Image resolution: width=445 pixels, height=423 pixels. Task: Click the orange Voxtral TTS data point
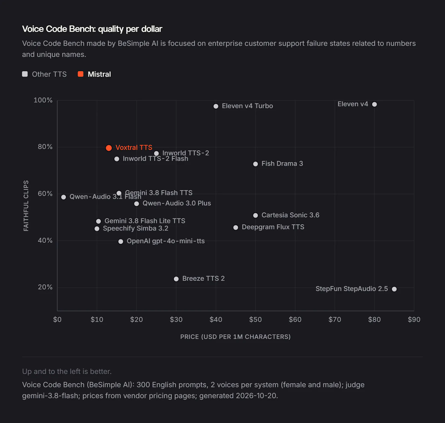pyautogui.click(x=109, y=148)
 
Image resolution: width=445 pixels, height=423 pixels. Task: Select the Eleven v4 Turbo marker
pyautogui.click(x=216, y=106)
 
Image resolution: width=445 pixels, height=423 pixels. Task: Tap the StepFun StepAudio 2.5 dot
pyautogui.click(x=394, y=289)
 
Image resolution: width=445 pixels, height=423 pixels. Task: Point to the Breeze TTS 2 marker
pyautogui.click(x=176, y=279)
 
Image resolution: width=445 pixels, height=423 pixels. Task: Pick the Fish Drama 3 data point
pyautogui.click(x=255, y=164)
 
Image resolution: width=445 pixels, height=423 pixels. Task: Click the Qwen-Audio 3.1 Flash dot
pyautogui.click(x=63, y=197)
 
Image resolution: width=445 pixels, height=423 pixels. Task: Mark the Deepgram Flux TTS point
pyautogui.click(x=236, y=227)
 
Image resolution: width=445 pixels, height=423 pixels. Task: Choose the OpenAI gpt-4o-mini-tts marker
pyautogui.click(x=121, y=241)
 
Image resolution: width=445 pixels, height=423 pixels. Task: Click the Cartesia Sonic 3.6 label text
pyautogui.click(x=290, y=215)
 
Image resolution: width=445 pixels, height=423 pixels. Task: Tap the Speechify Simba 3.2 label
pyautogui.click(x=135, y=228)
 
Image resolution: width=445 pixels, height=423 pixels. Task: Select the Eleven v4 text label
pyautogui.click(x=353, y=104)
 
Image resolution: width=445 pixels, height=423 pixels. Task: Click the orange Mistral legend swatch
pyautogui.click(x=81, y=74)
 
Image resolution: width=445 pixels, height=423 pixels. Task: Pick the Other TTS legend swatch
pyautogui.click(x=25, y=74)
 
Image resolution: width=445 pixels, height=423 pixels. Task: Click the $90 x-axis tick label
pyautogui.click(x=414, y=320)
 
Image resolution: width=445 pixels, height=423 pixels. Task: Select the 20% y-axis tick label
pyautogui.click(x=45, y=287)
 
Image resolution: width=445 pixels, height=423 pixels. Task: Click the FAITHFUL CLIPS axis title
pyautogui.click(x=26, y=206)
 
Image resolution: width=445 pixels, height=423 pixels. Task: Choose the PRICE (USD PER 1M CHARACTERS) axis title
pyautogui.click(x=235, y=337)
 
